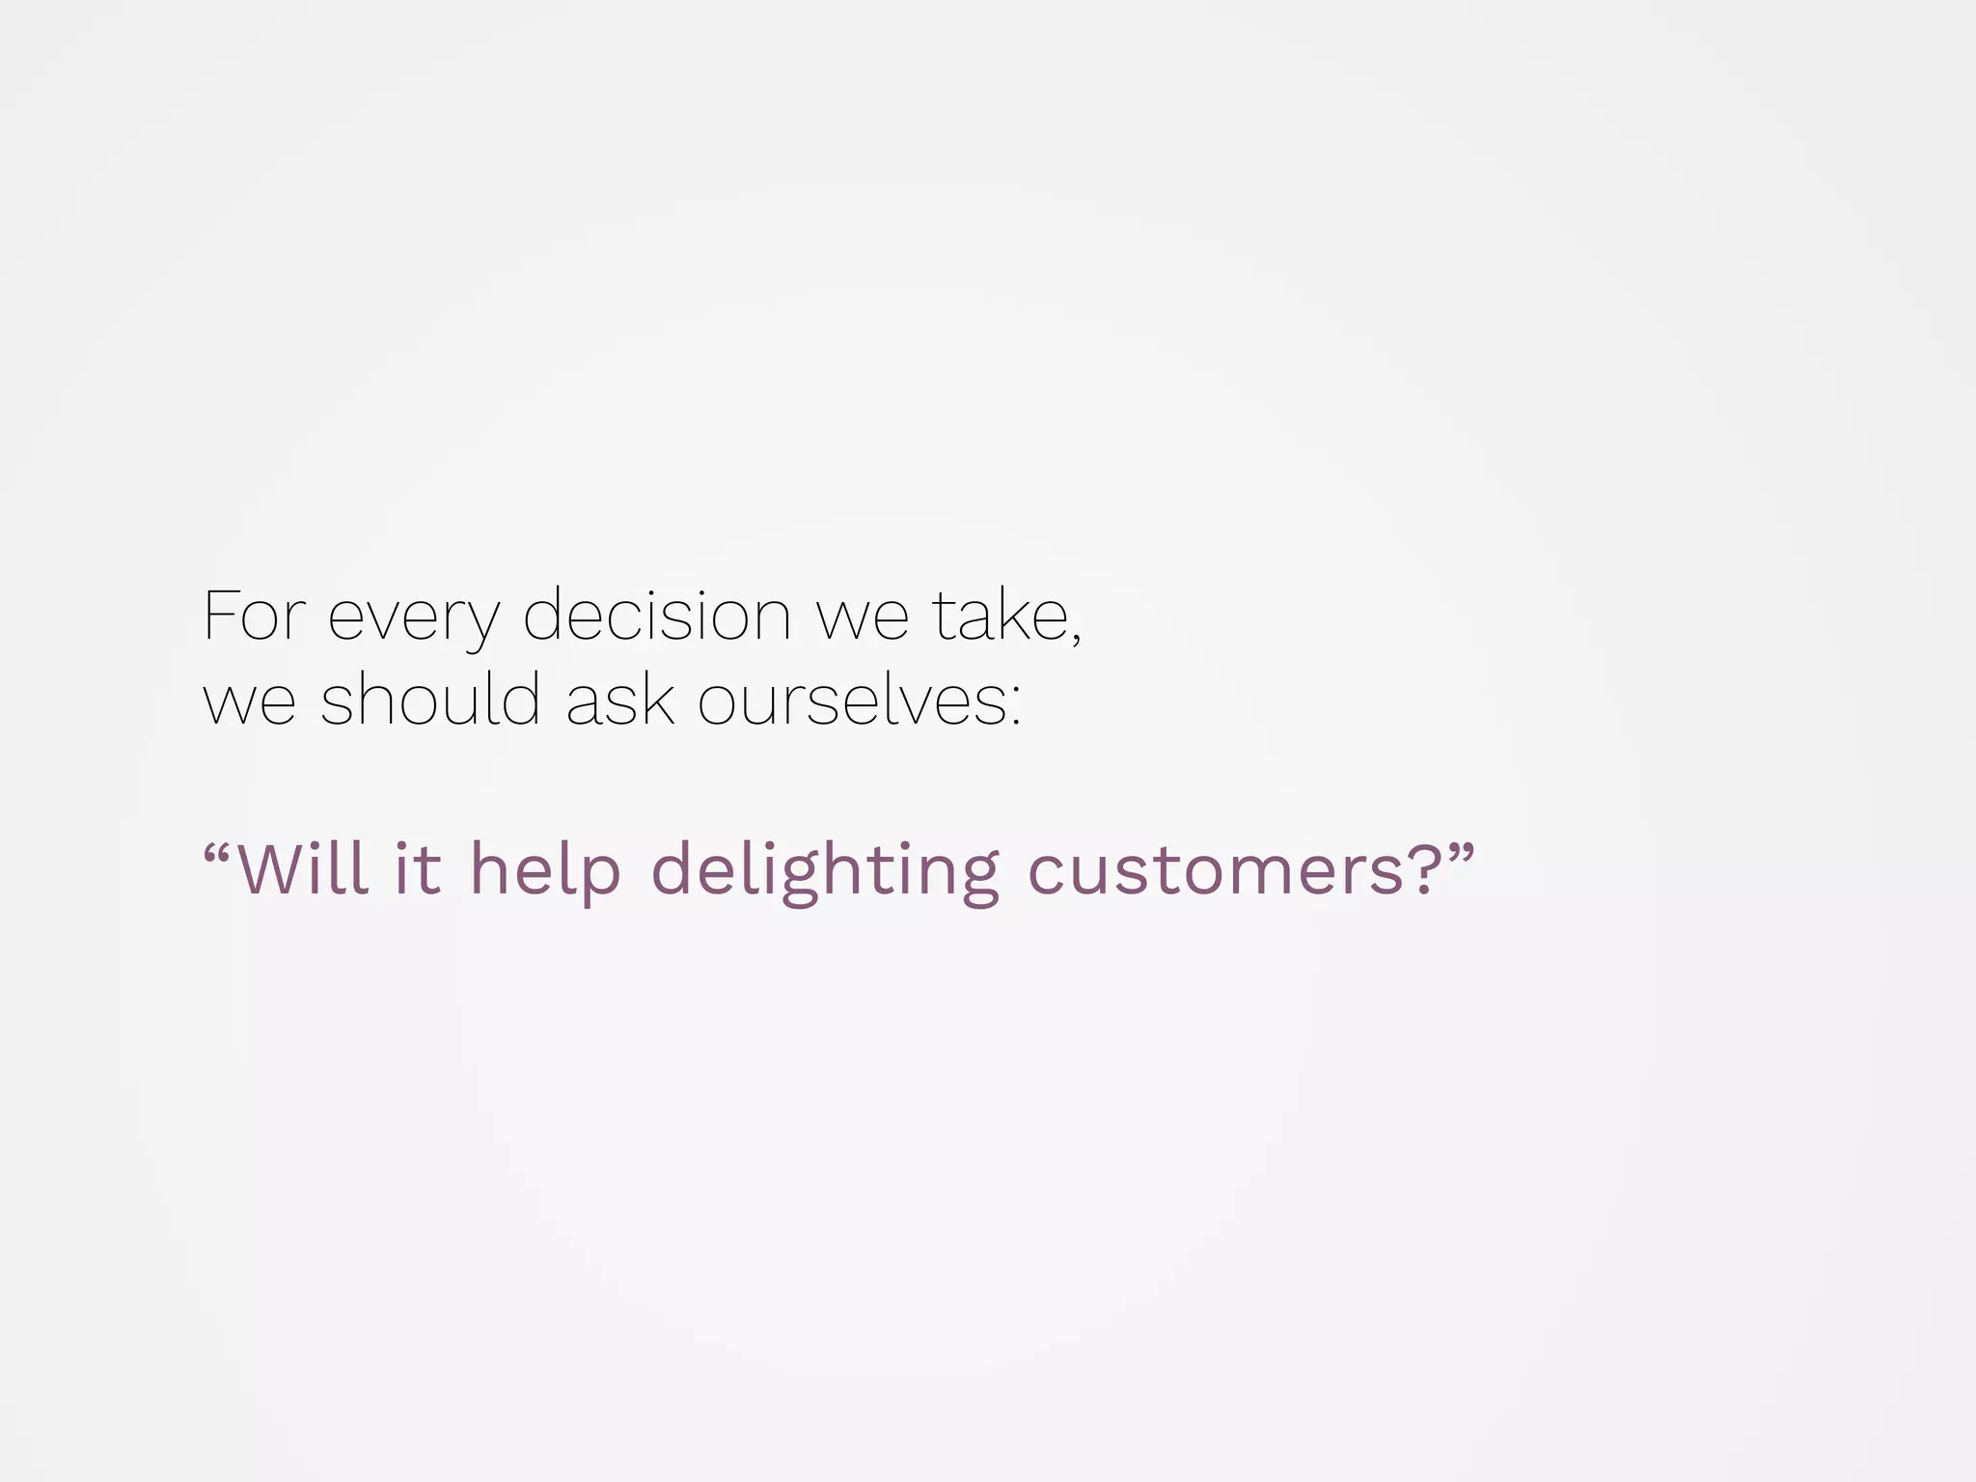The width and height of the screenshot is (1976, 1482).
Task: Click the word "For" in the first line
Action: [x=254, y=616]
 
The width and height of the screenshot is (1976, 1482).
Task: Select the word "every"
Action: [x=414, y=617]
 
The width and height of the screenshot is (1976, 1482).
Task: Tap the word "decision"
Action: [x=657, y=616]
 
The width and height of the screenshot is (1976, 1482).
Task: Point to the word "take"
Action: [x=1000, y=616]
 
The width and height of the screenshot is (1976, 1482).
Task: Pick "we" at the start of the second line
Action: [x=249, y=702]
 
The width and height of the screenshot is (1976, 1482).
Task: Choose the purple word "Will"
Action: [x=302, y=868]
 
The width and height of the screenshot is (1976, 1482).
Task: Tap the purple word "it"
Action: [x=418, y=868]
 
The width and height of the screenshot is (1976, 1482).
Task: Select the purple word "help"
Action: [x=545, y=870]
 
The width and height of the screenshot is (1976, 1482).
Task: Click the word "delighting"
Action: [x=825, y=870]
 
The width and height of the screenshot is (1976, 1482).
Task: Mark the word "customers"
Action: [x=1216, y=870]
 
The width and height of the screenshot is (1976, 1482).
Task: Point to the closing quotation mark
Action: [x=1461, y=851]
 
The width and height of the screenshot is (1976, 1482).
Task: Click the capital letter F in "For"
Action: [x=220, y=616]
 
